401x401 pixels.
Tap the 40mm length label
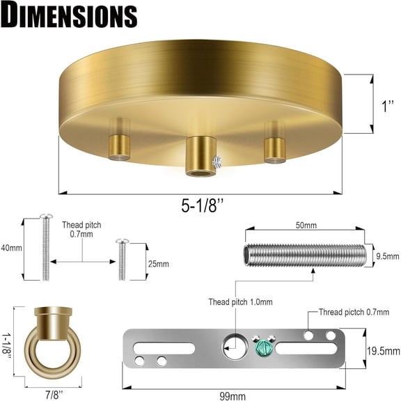pyautogui.click(x=12, y=248)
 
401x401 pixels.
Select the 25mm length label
pyautogui.click(x=157, y=264)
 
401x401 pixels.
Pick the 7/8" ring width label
pyautogui.click(x=52, y=393)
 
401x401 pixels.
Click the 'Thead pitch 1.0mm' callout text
pyautogui.click(x=240, y=302)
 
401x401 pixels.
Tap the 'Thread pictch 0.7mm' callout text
pyautogui.click(x=359, y=313)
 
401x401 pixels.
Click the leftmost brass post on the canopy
pyautogui.click(x=120, y=146)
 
